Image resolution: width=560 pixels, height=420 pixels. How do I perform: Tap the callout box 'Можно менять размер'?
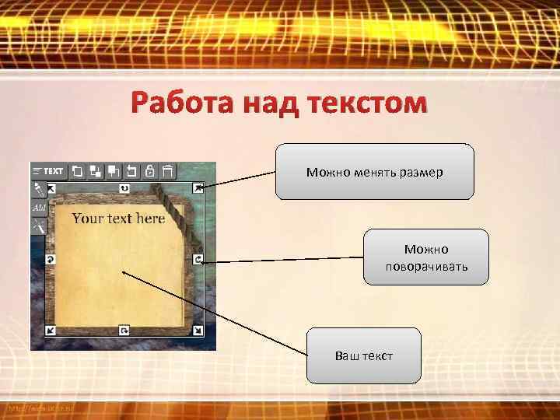pos(374,172)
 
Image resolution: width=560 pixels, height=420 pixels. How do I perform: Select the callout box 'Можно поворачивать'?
pos(426,257)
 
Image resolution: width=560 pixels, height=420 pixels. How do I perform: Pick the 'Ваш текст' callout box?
pos(363,356)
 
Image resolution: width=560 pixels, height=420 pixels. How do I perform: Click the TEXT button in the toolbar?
pos(48,170)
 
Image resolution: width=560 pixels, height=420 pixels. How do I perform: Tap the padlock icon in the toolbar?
pos(149,170)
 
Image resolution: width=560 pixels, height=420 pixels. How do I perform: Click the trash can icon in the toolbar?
pos(168,170)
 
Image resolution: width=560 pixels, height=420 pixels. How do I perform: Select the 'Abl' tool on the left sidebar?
pos(39,208)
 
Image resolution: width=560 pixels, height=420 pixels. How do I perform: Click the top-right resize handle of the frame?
pos(198,187)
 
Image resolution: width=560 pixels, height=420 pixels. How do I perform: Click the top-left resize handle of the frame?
pos(51,188)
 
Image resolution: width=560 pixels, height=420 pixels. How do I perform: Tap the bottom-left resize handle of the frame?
pos(51,331)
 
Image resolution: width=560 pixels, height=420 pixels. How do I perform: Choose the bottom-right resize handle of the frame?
pos(198,331)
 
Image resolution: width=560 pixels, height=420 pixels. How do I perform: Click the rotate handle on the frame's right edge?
pos(198,259)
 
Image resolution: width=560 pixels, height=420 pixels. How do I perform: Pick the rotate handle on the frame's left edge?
pos(51,259)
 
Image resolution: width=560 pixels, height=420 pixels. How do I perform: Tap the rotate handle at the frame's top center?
pos(124,188)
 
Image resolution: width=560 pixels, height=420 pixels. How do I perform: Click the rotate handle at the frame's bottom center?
pos(124,331)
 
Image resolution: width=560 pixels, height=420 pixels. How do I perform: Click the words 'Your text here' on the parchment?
pos(118,219)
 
